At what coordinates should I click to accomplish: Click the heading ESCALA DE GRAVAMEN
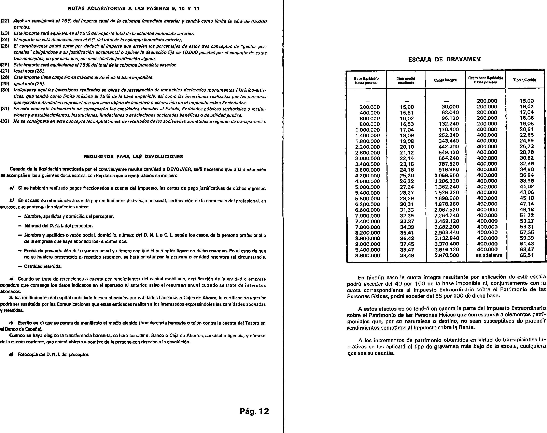[x=444, y=59]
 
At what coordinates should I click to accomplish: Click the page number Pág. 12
[x=254, y=411]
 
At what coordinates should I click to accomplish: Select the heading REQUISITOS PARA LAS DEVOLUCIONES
[x=133, y=157]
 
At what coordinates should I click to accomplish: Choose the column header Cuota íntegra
[x=445, y=80]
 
